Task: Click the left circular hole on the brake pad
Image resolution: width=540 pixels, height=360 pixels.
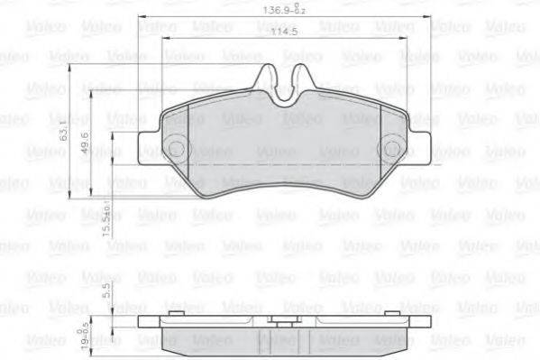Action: click(178, 150)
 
